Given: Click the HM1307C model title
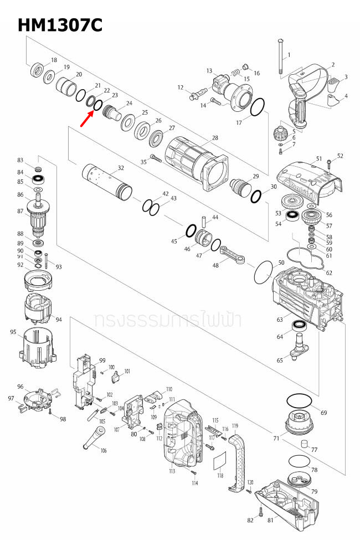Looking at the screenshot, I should [60, 25].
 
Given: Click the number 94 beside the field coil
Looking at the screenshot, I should [58, 320].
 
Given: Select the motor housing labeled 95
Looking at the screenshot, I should [39, 349].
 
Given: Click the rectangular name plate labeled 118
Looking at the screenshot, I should [220, 460].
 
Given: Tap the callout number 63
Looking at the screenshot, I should [272, 320].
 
